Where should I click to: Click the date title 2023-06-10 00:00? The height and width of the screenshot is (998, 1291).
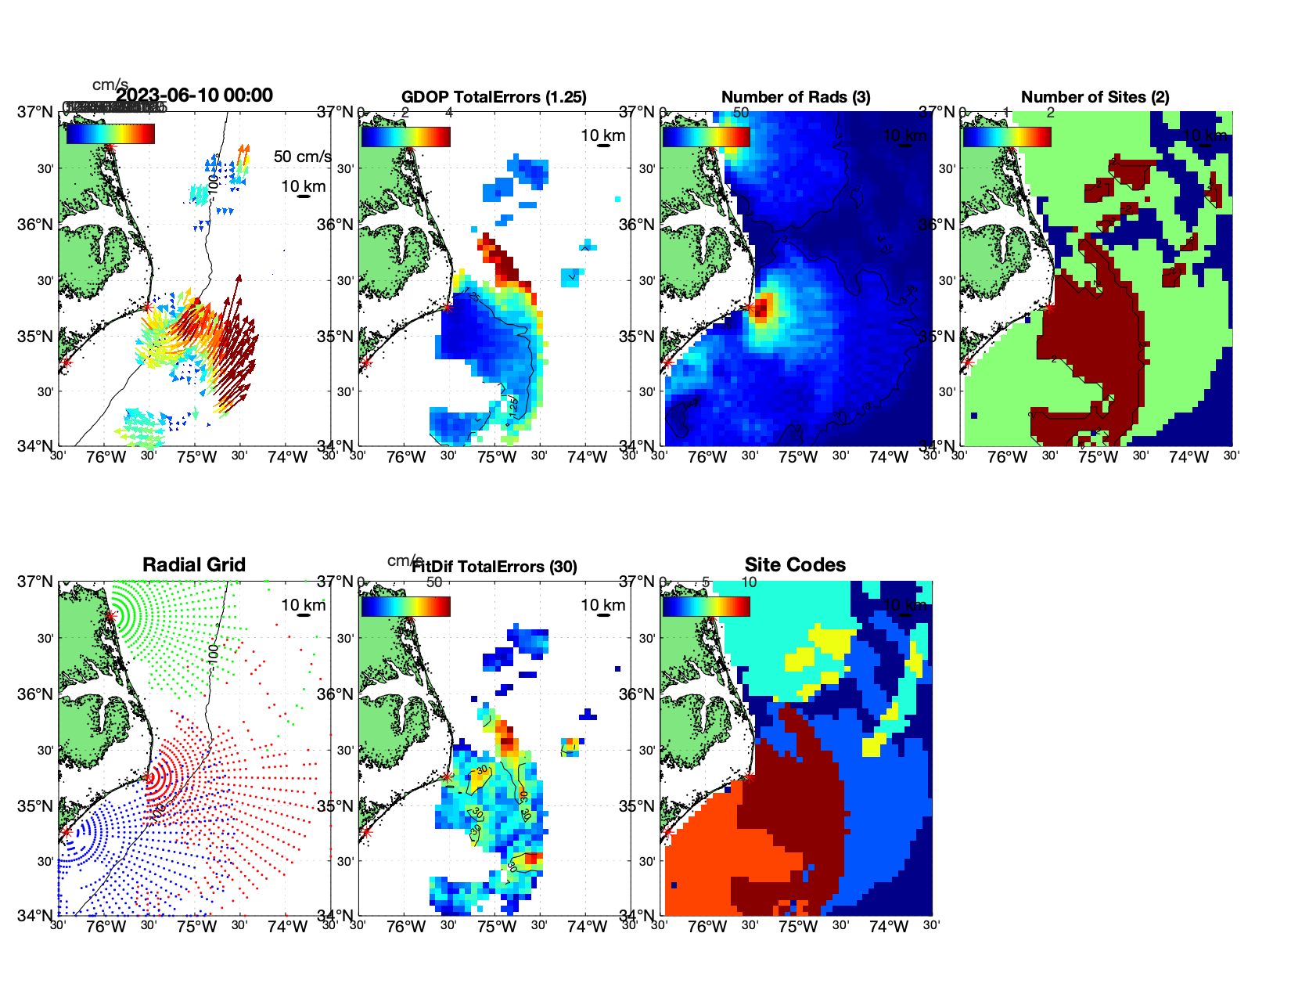(x=195, y=95)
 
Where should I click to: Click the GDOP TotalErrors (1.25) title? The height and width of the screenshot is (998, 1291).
(x=494, y=97)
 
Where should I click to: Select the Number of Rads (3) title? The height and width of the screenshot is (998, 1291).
(x=796, y=97)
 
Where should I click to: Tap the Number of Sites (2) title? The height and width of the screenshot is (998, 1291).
(x=1095, y=97)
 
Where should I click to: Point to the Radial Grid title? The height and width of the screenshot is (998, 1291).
(x=194, y=565)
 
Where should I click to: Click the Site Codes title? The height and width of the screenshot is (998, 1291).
(x=795, y=565)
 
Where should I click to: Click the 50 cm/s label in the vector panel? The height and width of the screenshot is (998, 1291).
(x=302, y=157)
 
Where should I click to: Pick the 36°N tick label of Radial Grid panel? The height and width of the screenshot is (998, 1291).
(x=36, y=694)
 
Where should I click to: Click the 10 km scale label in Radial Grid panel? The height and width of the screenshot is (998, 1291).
(x=303, y=605)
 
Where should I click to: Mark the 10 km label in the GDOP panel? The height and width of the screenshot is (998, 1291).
(x=602, y=135)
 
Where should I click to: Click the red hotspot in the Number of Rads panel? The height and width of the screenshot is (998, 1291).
(x=762, y=306)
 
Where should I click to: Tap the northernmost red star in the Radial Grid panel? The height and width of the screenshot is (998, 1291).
(x=110, y=616)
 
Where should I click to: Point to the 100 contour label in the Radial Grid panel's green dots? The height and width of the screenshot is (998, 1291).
(x=213, y=654)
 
